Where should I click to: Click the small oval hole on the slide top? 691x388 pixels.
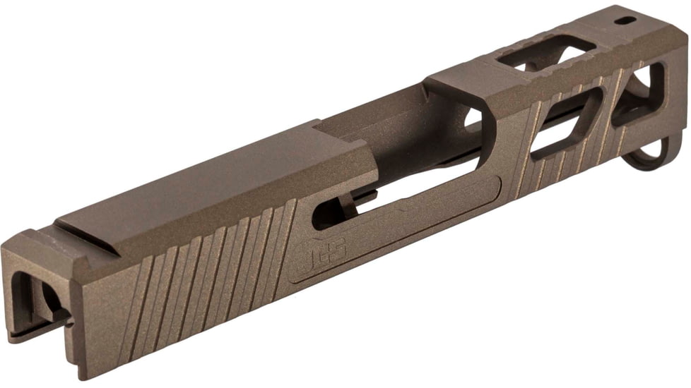tap(624, 20)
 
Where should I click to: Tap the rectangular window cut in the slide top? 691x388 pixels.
tap(547, 53)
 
